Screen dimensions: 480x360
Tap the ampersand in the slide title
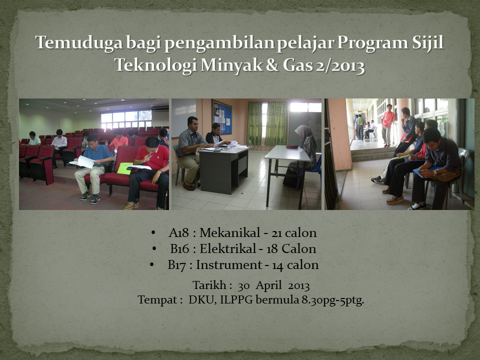pyautogui.click(x=272, y=65)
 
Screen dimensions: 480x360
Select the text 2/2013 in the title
pyautogui.click(x=340, y=65)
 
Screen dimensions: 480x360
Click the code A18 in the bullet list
pyautogui.click(x=179, y=233)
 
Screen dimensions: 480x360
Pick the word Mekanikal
pyautogui.click(x=229, y=232)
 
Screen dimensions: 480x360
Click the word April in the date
pyautogui.click(x=268, y=285)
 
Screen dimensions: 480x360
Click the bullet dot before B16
pyautogui.click(x=154, y=248)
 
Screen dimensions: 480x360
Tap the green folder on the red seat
pyautogui.click(x=124, y=168)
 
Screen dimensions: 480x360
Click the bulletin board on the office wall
pyautogui.click(x=222, y=117)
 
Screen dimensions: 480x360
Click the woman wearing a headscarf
pyautogui.click(x=301, y=156)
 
